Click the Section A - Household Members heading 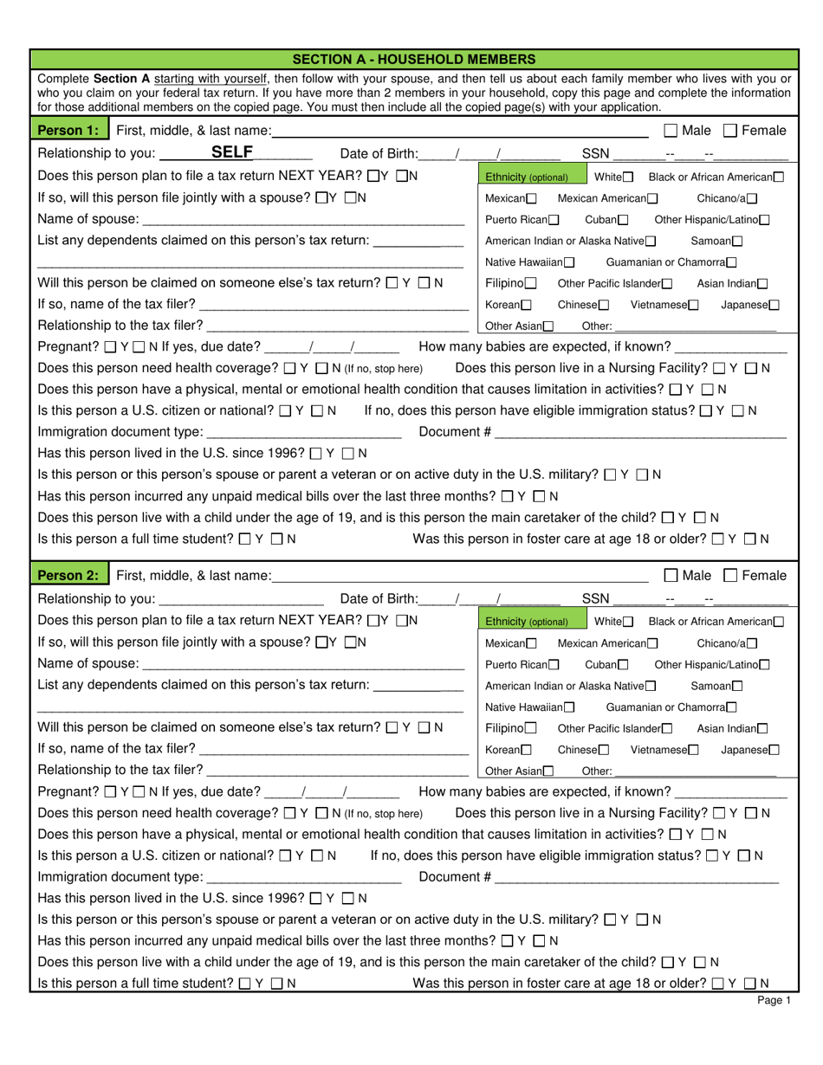tap(413, 60)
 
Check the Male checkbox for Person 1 tap(671, 131)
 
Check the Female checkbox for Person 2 tap(729, 575)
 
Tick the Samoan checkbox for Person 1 tap(737, 242)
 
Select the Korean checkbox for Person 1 tap(527, 305)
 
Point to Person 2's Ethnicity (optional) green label tap(527, 621)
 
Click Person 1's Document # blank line tap(640, 432)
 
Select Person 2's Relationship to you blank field tap(242, 598)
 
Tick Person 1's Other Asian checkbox tap(548, 326)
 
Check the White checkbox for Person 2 tap(628, 621)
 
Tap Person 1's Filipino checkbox tap(530, 284)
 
